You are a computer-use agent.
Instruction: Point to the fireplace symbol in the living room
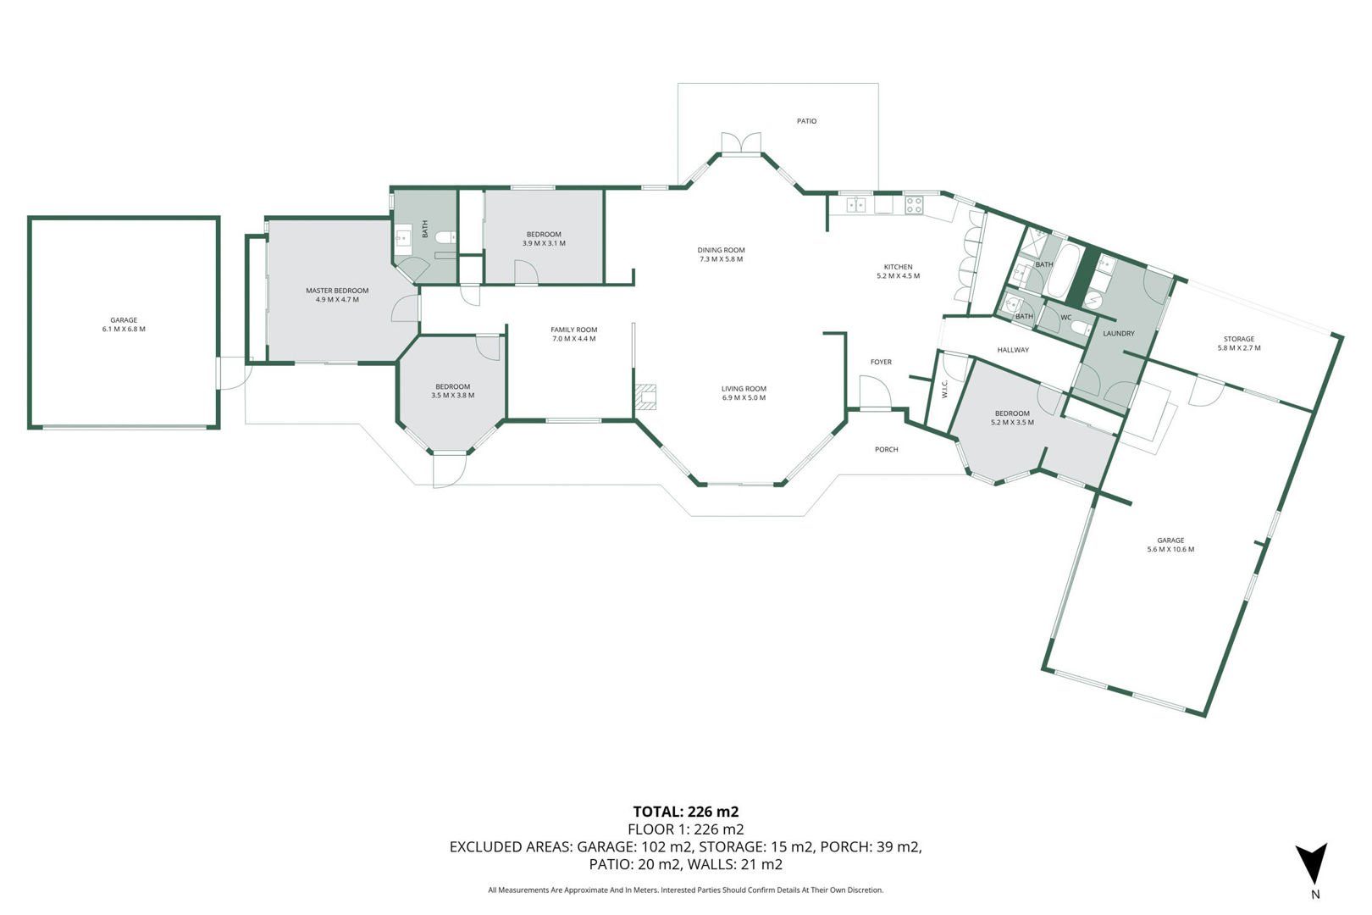tap(645, 397)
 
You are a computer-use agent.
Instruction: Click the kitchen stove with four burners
tap(914, 205)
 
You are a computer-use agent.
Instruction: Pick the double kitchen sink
tap(856, 205)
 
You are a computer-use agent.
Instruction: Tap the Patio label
tap(806, 121)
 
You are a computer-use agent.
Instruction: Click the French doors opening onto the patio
tap(741, 143)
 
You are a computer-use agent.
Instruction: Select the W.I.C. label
tap(944, 390)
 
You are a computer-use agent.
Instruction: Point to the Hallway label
tap(1013, 350)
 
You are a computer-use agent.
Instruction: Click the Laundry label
tap(1119, 334)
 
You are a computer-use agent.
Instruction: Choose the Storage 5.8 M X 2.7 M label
tap(1239, 343)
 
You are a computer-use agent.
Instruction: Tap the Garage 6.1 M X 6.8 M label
tap(124, 324)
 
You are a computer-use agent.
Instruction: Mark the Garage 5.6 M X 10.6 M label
tap(1170, 545)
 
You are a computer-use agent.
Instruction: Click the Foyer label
tap(881, 363)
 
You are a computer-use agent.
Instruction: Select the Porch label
tap(886, 450)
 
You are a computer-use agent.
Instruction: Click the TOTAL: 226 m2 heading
tap(686, 812)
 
